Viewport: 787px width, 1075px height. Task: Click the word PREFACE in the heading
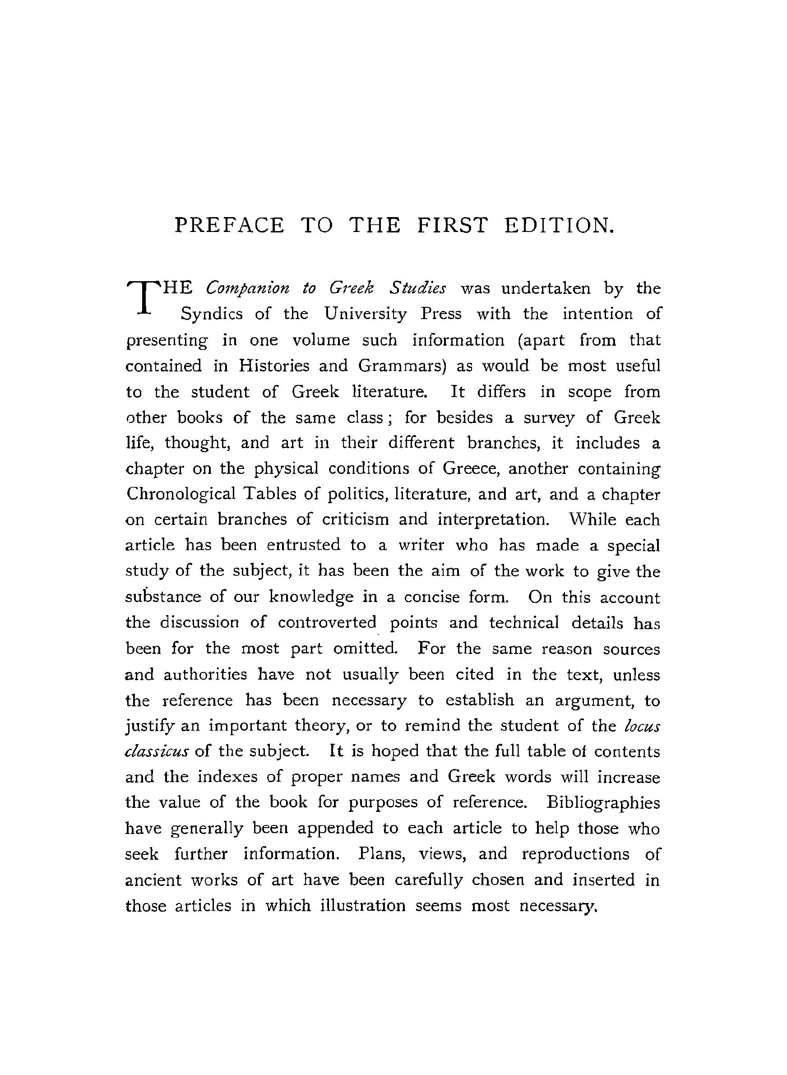(x=229, y=225)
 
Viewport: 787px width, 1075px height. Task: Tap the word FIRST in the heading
(x=452, y=225)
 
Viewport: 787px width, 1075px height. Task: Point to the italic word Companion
(x=247, y=289)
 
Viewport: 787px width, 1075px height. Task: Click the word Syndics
(x=211, y=315)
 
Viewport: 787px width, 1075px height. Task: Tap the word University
(x=366, y=315)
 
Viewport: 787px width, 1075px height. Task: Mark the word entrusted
(x=303, y=545)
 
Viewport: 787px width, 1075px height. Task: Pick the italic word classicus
(x=157, y=751)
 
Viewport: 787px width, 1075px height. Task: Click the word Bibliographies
(x=603, y=802)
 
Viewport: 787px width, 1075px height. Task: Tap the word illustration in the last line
(x=362, y=905)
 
